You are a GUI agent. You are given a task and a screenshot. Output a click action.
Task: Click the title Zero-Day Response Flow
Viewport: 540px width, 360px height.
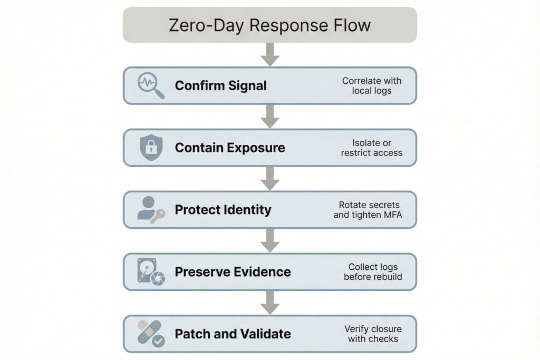coord(269,25)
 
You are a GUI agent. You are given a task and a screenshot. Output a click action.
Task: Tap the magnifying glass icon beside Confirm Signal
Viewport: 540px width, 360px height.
coord(150,85)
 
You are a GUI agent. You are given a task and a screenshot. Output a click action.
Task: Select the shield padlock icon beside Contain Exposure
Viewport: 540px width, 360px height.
coord(150,148)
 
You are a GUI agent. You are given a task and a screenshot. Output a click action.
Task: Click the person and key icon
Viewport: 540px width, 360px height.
coord(150,210)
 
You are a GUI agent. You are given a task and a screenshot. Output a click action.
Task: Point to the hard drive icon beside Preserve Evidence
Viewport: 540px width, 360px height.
coord(150,271)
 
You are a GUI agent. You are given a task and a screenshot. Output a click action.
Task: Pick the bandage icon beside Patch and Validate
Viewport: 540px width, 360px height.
coord(150,334)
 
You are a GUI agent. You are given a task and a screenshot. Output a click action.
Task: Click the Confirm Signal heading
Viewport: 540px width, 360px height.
coord(220,85)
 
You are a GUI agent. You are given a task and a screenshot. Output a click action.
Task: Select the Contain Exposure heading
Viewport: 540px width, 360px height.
coord(229,148)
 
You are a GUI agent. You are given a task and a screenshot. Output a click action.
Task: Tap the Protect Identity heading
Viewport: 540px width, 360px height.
coord(223,210)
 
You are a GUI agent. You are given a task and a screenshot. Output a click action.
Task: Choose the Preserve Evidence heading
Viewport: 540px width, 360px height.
coord(233,272)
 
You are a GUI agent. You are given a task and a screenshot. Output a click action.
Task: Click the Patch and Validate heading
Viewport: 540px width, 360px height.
coord(233,334)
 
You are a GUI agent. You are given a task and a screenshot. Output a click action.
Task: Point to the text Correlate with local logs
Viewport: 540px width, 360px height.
coord(371,85)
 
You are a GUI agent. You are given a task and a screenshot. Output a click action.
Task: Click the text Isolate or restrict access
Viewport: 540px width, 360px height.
coord(371,148)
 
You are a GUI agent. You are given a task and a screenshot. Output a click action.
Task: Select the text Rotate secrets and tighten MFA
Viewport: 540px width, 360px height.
coord(368,210)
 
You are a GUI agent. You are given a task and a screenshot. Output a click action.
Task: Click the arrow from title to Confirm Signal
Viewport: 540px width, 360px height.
coord(270,54)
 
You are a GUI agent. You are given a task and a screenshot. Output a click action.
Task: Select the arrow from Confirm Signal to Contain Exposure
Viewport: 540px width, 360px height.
coord(270,116)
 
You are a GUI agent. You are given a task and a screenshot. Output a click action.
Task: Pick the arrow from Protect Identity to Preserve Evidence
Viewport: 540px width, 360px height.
coord(270,240)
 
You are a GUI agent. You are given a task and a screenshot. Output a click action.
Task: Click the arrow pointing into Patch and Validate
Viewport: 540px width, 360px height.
coord(270,303)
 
